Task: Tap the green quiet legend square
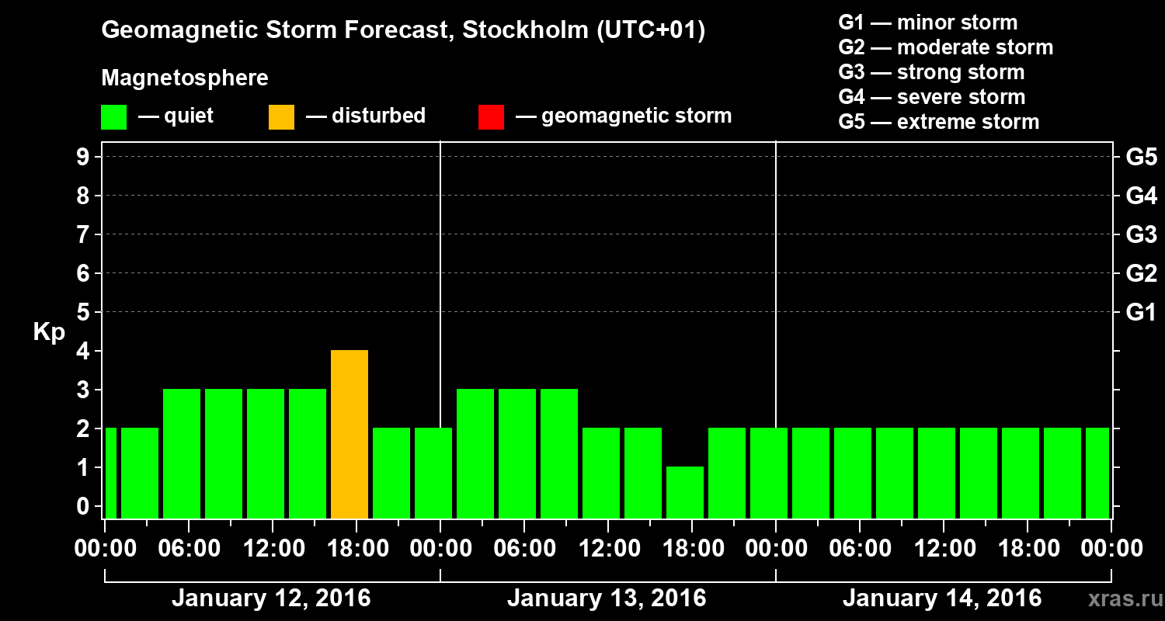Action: (113, 116)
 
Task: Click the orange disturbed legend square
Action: (281, 116)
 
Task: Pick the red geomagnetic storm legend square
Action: (491, 116)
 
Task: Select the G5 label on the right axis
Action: (1141, 157)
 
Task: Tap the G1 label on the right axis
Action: (1141, 312)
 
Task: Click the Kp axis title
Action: (49, 332)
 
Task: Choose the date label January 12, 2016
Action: (271, 598)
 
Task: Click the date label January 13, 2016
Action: (607, 598)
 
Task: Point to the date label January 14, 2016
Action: (942, 598)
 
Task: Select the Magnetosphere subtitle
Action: (185, 78)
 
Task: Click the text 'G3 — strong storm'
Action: (931, 72)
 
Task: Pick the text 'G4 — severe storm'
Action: (932, 97)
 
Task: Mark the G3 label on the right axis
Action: (1141, 234)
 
